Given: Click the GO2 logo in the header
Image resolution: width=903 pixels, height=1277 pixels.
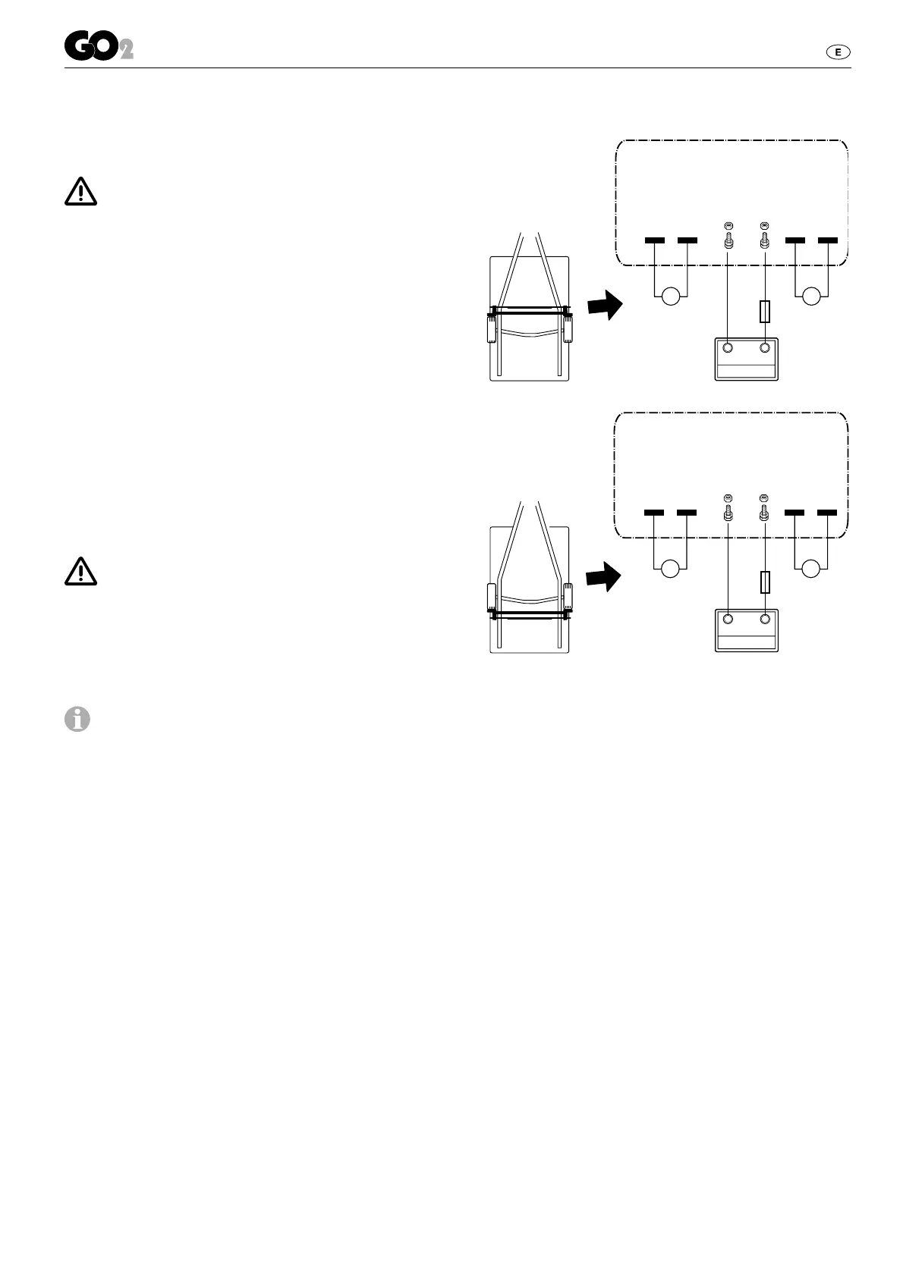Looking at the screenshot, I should click(98, 48).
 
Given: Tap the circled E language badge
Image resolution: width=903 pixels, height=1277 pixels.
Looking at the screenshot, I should click(838, 52).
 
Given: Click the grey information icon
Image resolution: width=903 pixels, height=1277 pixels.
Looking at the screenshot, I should click(77, 719).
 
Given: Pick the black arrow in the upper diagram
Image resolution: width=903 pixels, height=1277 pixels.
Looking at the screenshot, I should click(605, 306).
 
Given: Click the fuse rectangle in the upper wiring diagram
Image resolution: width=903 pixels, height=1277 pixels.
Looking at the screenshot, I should click(765, 311).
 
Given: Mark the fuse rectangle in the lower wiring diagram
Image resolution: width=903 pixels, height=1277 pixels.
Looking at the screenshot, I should click(765, 582).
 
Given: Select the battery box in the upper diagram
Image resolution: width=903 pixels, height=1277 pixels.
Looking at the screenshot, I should click(747, 360).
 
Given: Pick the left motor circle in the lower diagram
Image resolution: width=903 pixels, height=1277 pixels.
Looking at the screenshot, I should click(671, 568).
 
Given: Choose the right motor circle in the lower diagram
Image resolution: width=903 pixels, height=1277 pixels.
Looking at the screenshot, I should click(812, 568).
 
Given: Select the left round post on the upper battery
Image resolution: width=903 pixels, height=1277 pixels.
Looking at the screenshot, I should click(728, 348).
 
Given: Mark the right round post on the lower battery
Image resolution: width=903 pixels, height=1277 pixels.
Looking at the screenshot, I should click(765, 620).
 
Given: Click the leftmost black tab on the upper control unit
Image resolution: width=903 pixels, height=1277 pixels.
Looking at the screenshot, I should click(654, 240).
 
